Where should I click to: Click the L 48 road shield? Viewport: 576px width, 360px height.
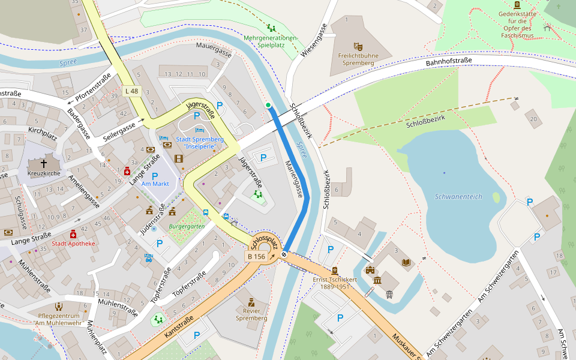[x=131, y=91]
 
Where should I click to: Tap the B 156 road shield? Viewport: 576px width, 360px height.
[x=256, y=256]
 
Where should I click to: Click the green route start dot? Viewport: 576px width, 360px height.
[x=268, y=106]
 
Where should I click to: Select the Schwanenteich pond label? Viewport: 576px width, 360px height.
[x=458, y=197]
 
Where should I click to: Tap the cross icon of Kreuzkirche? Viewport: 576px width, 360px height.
[x=43, y=163]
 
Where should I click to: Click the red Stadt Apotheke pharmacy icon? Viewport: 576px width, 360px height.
[x=73, y=234]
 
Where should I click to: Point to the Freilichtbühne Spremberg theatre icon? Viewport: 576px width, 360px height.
[x=358, y=46]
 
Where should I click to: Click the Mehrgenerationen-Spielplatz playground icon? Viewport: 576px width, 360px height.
[x=271, y=28]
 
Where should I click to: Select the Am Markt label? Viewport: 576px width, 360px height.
[x=155, y=184]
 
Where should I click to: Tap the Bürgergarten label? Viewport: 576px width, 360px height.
[x=187, y=226]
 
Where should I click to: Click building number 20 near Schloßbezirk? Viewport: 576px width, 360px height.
[x=533, y=119]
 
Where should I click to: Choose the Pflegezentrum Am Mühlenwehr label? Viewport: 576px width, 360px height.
[x=59, y=320]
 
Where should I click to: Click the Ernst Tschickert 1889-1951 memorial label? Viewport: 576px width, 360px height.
[x=335, y=283]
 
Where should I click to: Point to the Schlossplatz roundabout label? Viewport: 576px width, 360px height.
[x=265, y=242]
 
